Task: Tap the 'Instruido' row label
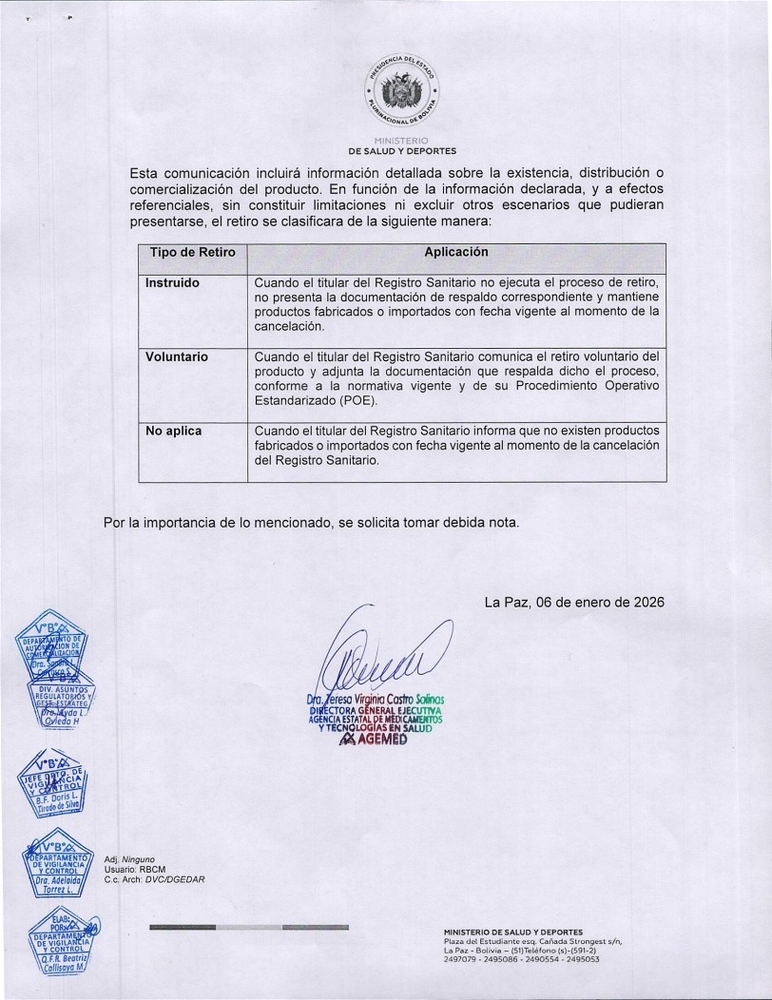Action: coord(172,283)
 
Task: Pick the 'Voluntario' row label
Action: coord(177,357)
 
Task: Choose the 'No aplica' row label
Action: coord(173,432)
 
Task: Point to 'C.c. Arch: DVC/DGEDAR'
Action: coord(154,878)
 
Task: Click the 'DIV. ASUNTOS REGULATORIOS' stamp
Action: coord(55,704)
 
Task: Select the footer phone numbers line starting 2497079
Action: coord(521,960)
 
